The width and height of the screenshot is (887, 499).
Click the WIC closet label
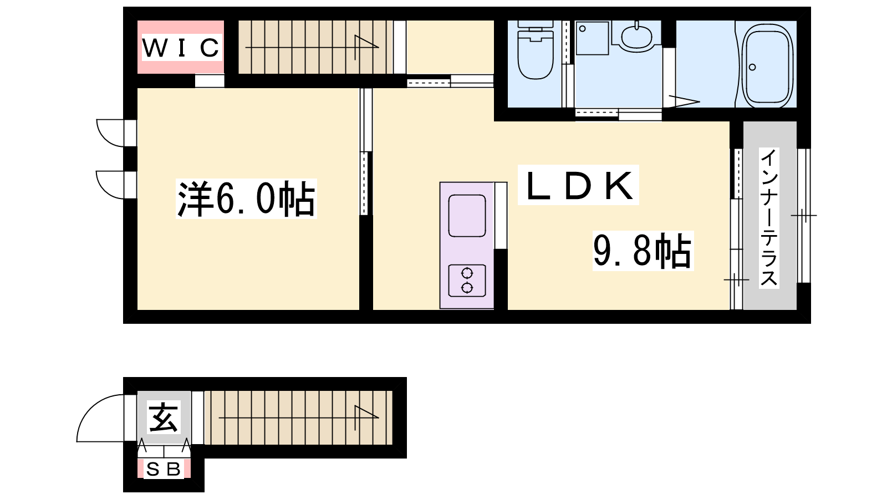[181, 48]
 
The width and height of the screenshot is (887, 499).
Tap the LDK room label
[579, 185]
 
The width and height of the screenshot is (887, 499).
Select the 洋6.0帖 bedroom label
[246, 199]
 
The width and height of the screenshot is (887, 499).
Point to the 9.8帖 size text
[643, 251]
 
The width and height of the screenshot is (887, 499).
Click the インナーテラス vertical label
[769, 218]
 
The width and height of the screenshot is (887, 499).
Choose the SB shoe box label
[164, 470]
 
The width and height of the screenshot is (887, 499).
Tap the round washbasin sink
[637, 37]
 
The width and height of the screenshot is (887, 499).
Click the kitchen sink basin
[467, 216]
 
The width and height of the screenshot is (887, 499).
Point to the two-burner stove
[467, 281]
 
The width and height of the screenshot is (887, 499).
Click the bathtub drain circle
[752, 67]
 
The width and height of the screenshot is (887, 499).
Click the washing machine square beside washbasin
[592, 38]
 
